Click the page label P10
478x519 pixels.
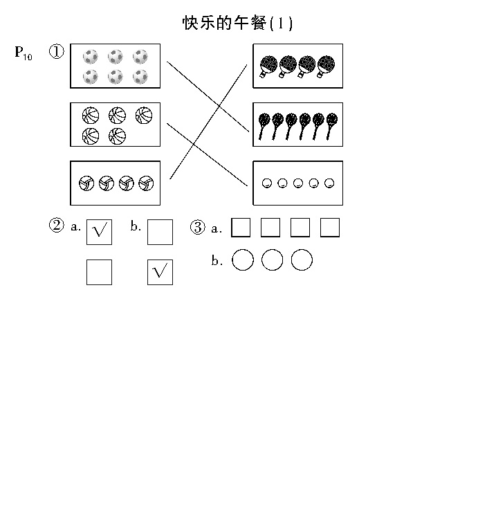click(x=24, y=53)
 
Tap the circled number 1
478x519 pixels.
click(x=57, y=52)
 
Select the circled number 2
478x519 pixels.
click(x=57, y=226)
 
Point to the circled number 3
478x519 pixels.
click(x=197, y=228)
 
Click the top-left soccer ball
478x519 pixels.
click(x=91, y=57)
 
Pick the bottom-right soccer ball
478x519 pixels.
click(x=140, y=77)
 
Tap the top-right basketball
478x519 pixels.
click(x=144, y=116)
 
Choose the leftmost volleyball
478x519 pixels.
click(x=86, y=183)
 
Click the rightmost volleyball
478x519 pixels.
click(x=146, y=183)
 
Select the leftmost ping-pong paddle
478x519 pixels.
click(x=268, y=66)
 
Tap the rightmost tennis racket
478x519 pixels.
click(x=332, y=127)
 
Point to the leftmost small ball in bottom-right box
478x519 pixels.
click(x=267, y=183)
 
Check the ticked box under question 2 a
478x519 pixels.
click(x=99, y=232)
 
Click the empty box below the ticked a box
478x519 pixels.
click(x=99, y=272)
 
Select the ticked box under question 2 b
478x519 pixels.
click(x=160, y=272)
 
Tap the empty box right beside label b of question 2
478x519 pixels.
click(x=160, y=232)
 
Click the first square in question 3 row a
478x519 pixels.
click(x=241, y=228)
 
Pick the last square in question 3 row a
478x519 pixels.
click(x=330, y=228)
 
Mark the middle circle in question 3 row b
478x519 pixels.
click(x=273, y=259)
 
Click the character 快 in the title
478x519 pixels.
click(x=191, y=23)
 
